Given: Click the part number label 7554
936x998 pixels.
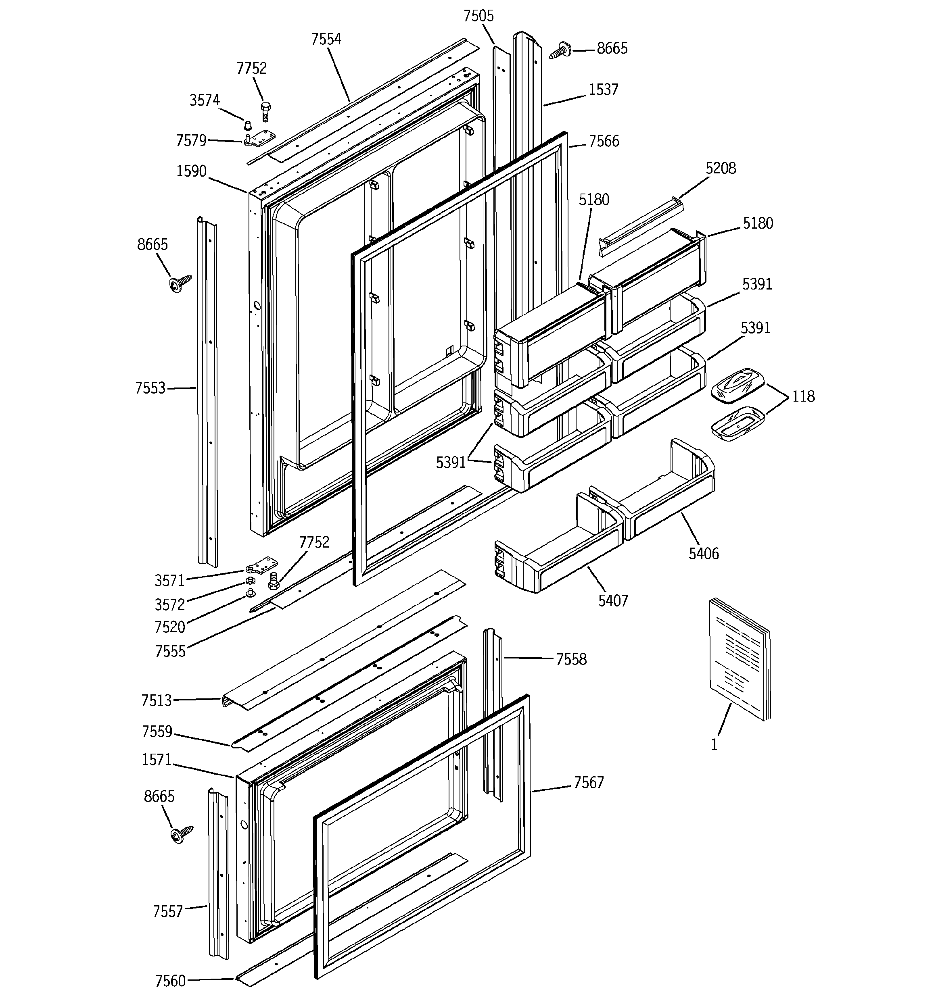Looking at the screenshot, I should click(x=326, y=39).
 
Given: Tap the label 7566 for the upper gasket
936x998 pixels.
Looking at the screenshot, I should click(x=604, y=142).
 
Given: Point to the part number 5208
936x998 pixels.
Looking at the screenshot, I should click(x=721, y=168).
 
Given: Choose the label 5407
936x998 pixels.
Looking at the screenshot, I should click(x=613, y=600).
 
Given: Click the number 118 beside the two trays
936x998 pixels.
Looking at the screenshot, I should click(x=803, y=397).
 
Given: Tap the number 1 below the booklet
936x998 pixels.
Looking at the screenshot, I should click(x=714, y=745).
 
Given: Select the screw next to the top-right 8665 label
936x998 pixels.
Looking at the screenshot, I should click(x=561, y=51).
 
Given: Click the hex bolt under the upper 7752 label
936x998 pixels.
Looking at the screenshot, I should click(x=266, y=111).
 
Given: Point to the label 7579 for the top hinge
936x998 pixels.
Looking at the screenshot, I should click(x=191, y=141).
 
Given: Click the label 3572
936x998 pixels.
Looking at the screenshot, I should click(x=170, y=605).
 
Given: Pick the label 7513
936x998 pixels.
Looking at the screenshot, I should click(x=156, y=700).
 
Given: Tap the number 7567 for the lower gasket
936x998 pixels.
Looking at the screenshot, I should click(x=588, y=782).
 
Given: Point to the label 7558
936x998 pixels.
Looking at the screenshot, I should click(x=571, y=659).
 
